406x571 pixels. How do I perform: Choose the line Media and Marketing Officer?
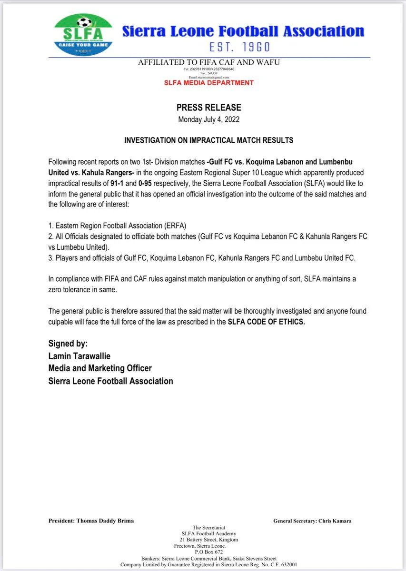pyautogui.click(x=100, y=368)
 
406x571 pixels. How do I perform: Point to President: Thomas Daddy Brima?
pyautogui.click(x=91, y=521)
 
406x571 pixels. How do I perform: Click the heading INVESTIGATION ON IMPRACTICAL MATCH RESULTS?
pyautogui.click(x=209, y=141)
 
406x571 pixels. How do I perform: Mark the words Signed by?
pyautogui.click(x=68, y=344)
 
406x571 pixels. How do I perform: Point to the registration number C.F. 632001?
pyautogui.click(x=284, y=565)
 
